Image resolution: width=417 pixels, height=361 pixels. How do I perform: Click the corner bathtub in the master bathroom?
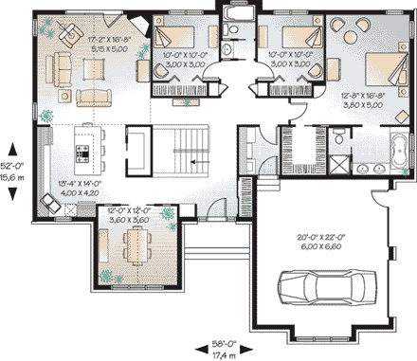[x=396, y=152]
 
